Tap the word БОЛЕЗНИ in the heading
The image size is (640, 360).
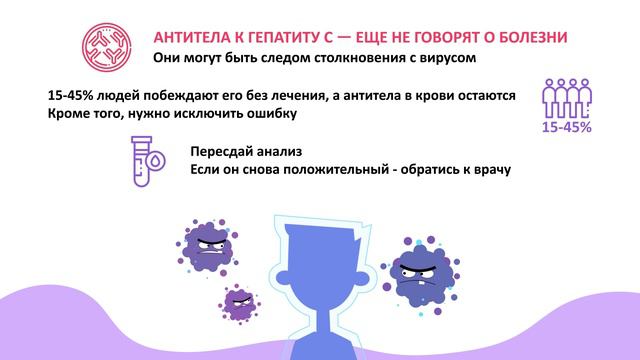[x=534, y=37]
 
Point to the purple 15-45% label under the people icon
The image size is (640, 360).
[x=565, y=128]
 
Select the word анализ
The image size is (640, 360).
[x=291, y=150]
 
